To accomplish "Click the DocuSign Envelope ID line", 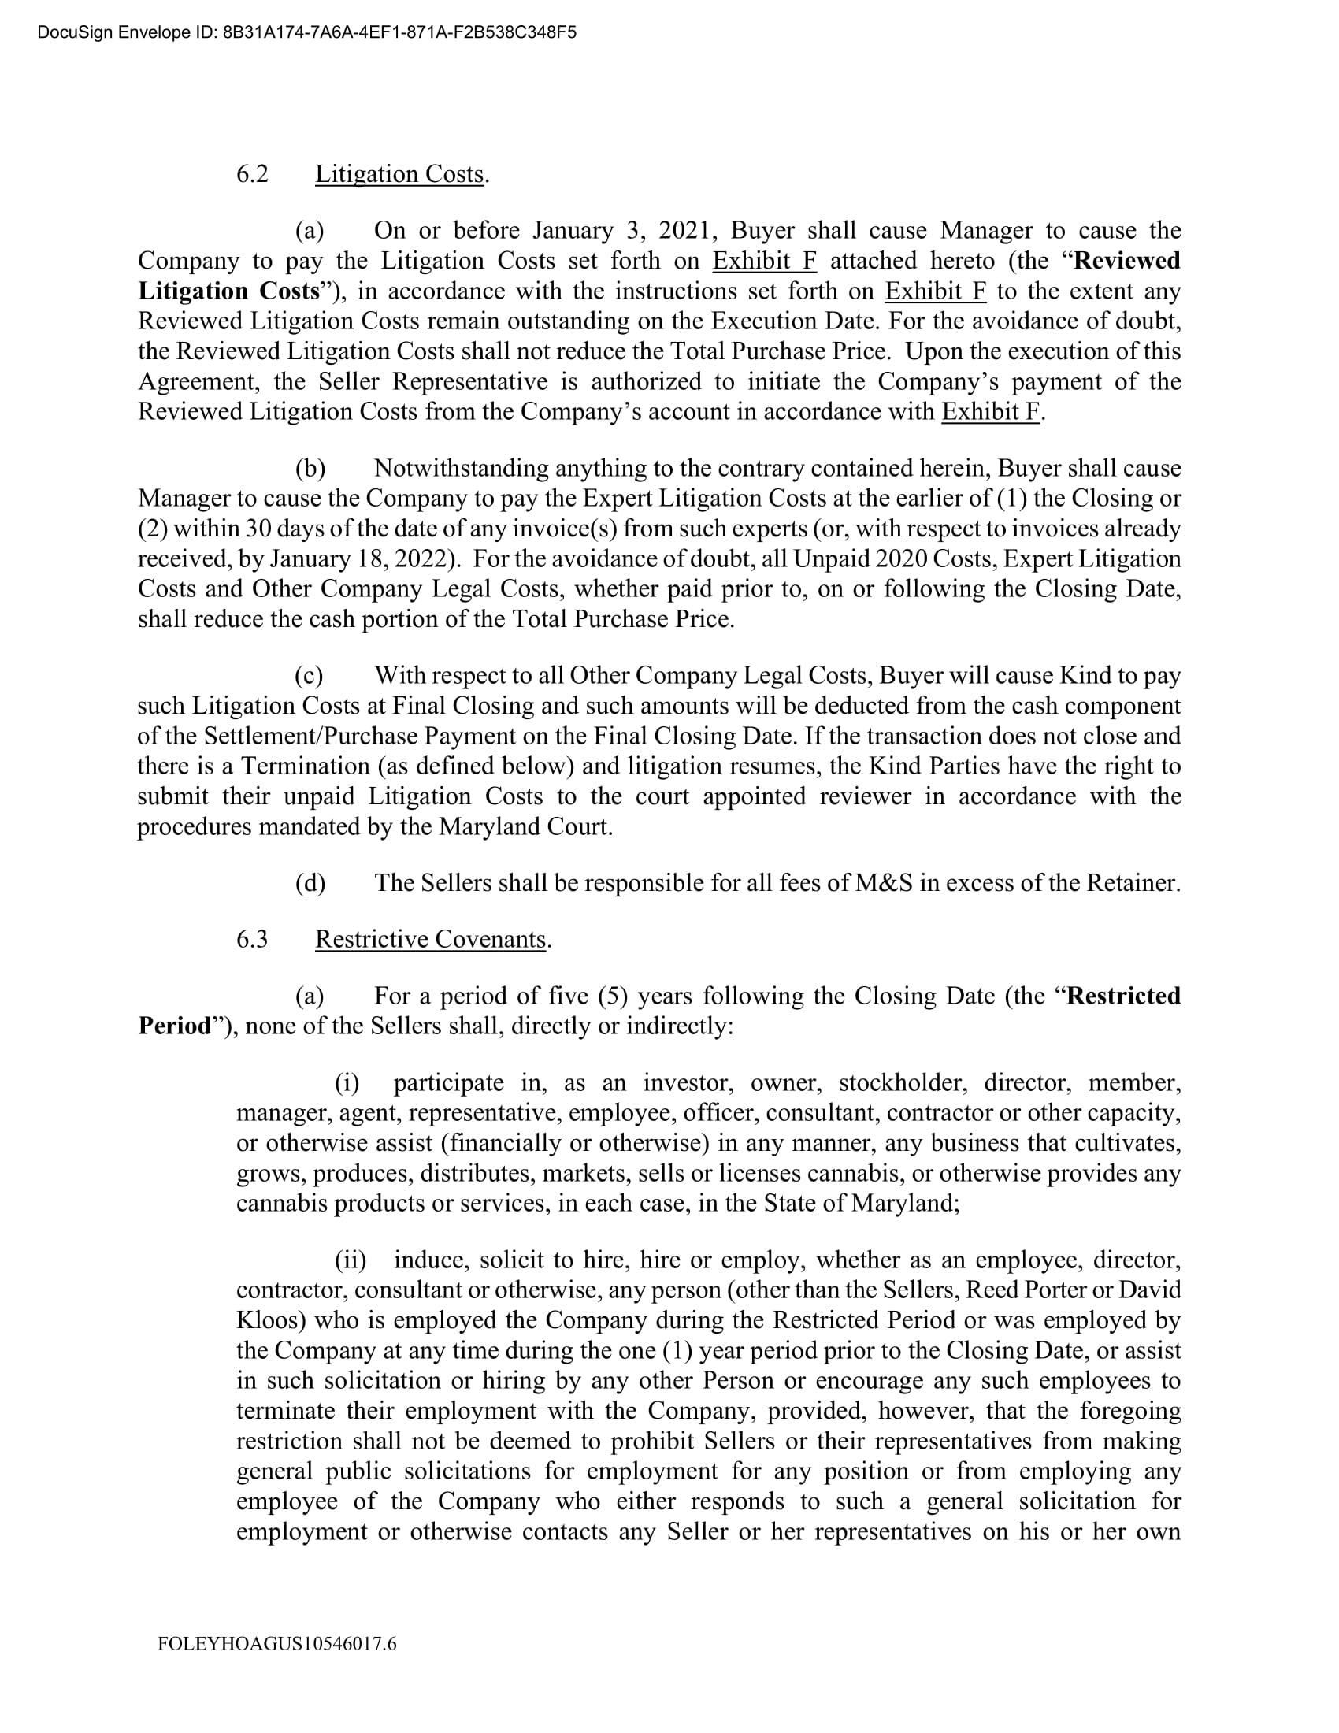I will (306, 32).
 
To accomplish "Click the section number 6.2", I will (252, 174).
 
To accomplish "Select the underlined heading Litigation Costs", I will (399, 174).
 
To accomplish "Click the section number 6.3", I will (252, 939).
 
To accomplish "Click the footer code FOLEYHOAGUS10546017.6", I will (276, 1643).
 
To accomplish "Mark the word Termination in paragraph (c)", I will (306, 766).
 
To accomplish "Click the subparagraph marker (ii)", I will (350, 1260).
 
